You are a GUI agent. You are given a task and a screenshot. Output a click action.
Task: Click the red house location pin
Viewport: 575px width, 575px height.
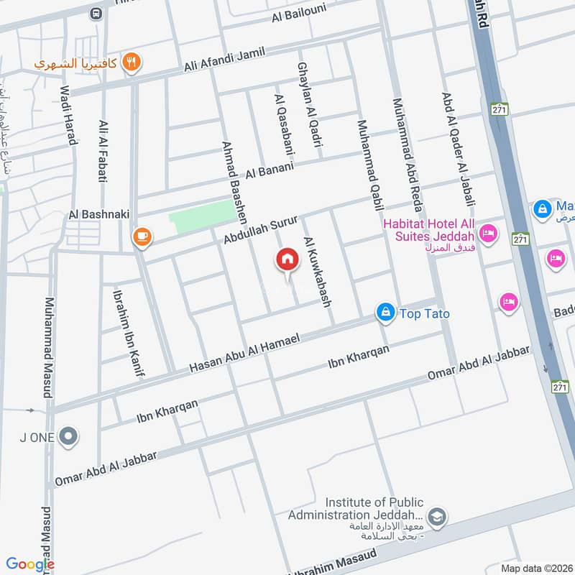[x=287, y=259]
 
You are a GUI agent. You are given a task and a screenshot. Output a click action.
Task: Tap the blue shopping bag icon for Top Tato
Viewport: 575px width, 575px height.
[x=385, y=312]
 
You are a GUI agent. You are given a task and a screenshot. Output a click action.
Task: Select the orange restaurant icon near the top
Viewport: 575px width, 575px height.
[x=130, y=62]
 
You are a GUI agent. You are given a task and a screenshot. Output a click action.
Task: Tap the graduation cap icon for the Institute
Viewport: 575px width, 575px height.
[x=436, y=516]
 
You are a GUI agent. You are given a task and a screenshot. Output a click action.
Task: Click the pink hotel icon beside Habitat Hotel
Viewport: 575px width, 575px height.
[x=489, y=233]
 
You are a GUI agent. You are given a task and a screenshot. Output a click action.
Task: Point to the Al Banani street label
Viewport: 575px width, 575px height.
[x=270, y=171]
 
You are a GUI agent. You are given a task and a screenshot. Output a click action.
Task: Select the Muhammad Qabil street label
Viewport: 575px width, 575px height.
[x=367, y=165]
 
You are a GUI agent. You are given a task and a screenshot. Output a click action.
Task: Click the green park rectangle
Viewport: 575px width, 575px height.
[x=202, y=216]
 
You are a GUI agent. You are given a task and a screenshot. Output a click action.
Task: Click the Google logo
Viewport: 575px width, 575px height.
[x=30, y=564]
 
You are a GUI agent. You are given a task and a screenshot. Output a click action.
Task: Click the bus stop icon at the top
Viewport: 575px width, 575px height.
[x=96, y=13]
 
